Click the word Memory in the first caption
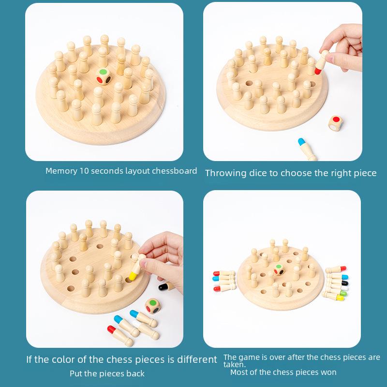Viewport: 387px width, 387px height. [60, 171]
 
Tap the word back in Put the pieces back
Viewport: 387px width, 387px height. [135, 373]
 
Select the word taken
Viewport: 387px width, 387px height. [234, 365]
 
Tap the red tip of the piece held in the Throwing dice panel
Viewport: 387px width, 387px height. [319, 71]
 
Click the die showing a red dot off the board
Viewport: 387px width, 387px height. [335, 123]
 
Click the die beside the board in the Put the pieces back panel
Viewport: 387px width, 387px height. [153, 305]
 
